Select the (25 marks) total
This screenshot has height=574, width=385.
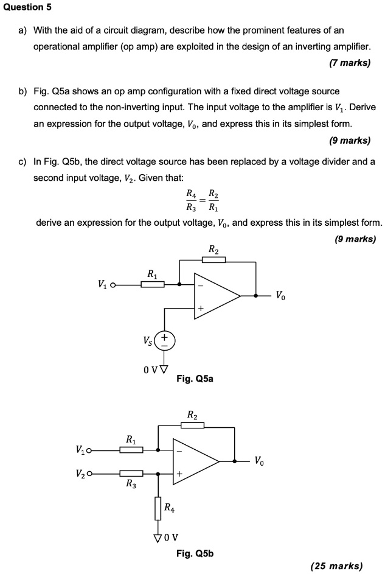click(336, 565)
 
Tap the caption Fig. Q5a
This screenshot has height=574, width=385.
click(195, 379)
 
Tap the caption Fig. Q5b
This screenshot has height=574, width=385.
click(195, 553)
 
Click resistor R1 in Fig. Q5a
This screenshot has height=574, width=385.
click(153, 284)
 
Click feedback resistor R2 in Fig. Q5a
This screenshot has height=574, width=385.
click(213, 259)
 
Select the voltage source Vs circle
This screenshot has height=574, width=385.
click(164, 340)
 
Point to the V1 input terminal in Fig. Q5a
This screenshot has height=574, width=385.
click(113, 284)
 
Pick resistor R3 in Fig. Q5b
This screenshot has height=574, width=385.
click(131, 473)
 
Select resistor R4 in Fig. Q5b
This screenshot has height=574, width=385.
click(158, 508)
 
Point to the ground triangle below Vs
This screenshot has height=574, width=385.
click(164, 367)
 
